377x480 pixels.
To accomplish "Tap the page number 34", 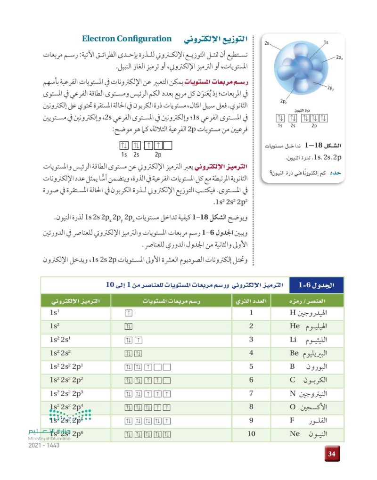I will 332,454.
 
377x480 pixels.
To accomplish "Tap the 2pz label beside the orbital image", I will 284,101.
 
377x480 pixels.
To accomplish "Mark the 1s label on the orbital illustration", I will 326,43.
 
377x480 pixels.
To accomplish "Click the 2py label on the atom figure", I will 330,88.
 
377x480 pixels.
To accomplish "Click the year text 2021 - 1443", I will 44,446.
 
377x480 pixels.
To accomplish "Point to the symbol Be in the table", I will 295,353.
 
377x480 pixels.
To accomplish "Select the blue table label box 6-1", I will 316,285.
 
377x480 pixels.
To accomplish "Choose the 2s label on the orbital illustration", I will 267,43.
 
